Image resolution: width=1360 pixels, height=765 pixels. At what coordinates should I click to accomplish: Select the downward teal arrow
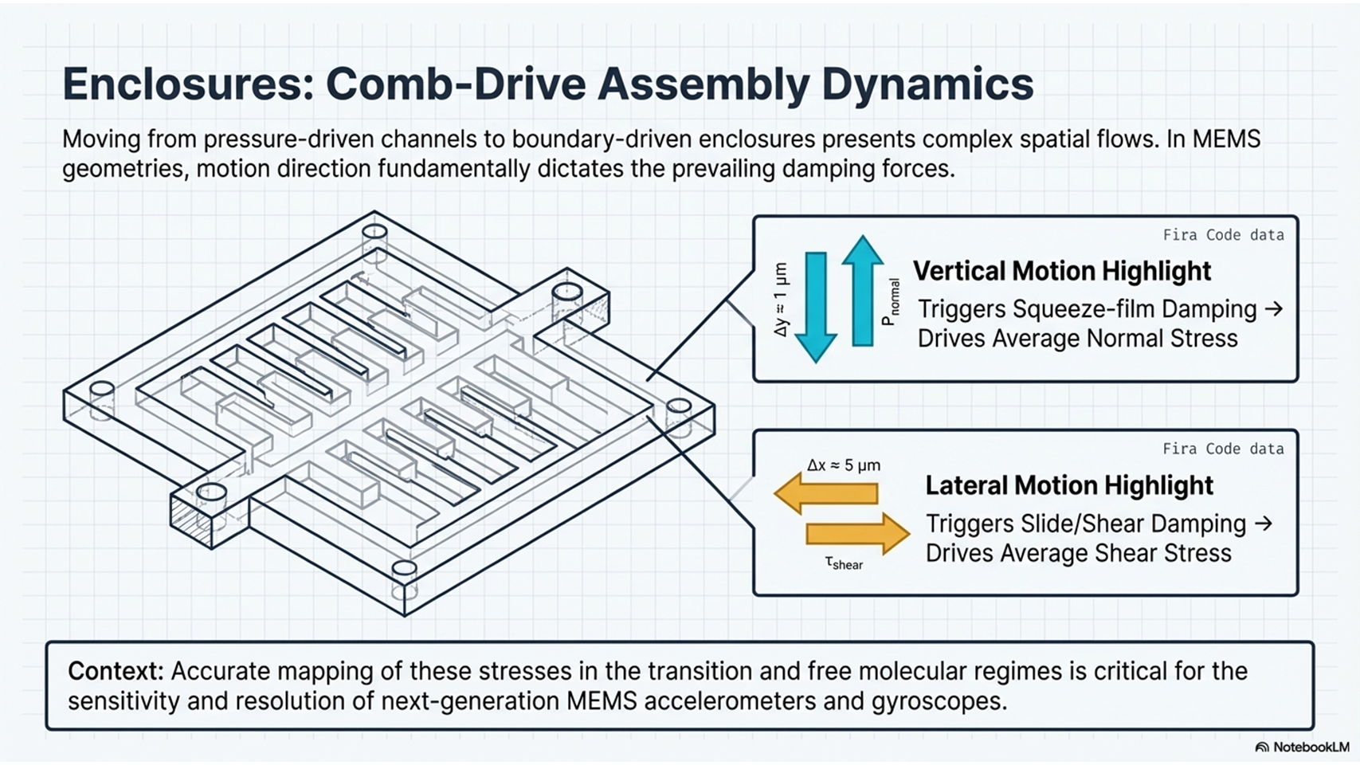816,306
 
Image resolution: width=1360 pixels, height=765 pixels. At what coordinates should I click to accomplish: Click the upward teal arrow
862,290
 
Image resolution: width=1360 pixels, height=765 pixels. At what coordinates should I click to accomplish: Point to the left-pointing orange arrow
826,493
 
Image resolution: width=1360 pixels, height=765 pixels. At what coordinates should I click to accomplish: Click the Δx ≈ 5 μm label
843,465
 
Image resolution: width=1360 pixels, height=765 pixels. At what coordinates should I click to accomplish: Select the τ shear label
844,563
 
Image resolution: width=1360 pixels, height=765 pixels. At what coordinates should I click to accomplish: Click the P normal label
890,302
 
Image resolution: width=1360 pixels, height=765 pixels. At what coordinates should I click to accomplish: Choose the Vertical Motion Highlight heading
1061,271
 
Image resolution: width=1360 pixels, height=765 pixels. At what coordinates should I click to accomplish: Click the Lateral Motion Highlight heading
1068,485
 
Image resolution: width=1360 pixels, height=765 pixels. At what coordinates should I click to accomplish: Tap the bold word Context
115,671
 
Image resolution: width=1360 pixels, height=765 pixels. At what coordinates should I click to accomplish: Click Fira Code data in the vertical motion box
1223,235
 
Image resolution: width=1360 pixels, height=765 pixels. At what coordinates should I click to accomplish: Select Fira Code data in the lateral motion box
1223,449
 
